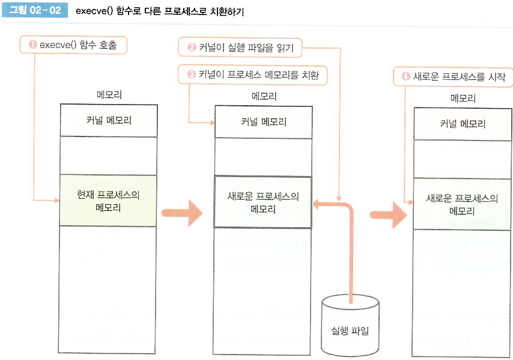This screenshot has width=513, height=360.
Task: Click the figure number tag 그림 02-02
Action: tap(35, 11)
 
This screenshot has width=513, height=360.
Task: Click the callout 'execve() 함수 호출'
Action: tap(75, 44)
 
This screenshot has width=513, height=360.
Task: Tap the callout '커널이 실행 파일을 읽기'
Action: tap(240, 46)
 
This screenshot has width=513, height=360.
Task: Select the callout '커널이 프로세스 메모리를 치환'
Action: tap(253, 75)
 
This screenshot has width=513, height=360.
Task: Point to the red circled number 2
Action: tap(192, 46)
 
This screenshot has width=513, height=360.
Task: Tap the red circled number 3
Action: tap(192, 75)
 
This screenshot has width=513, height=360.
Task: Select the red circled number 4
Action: tap(405, 77)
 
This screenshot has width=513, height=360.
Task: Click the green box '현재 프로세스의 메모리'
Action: tap(109, 201)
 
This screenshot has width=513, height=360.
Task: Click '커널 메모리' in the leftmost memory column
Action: tap(109, 120)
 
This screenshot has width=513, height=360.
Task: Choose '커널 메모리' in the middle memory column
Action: tap(263, 122)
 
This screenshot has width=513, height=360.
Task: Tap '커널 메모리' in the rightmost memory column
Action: tap(463, 124)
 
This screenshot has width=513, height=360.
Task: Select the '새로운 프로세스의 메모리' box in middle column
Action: tap(263, 203)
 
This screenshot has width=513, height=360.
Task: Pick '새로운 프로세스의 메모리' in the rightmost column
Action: tap(463, 204)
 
